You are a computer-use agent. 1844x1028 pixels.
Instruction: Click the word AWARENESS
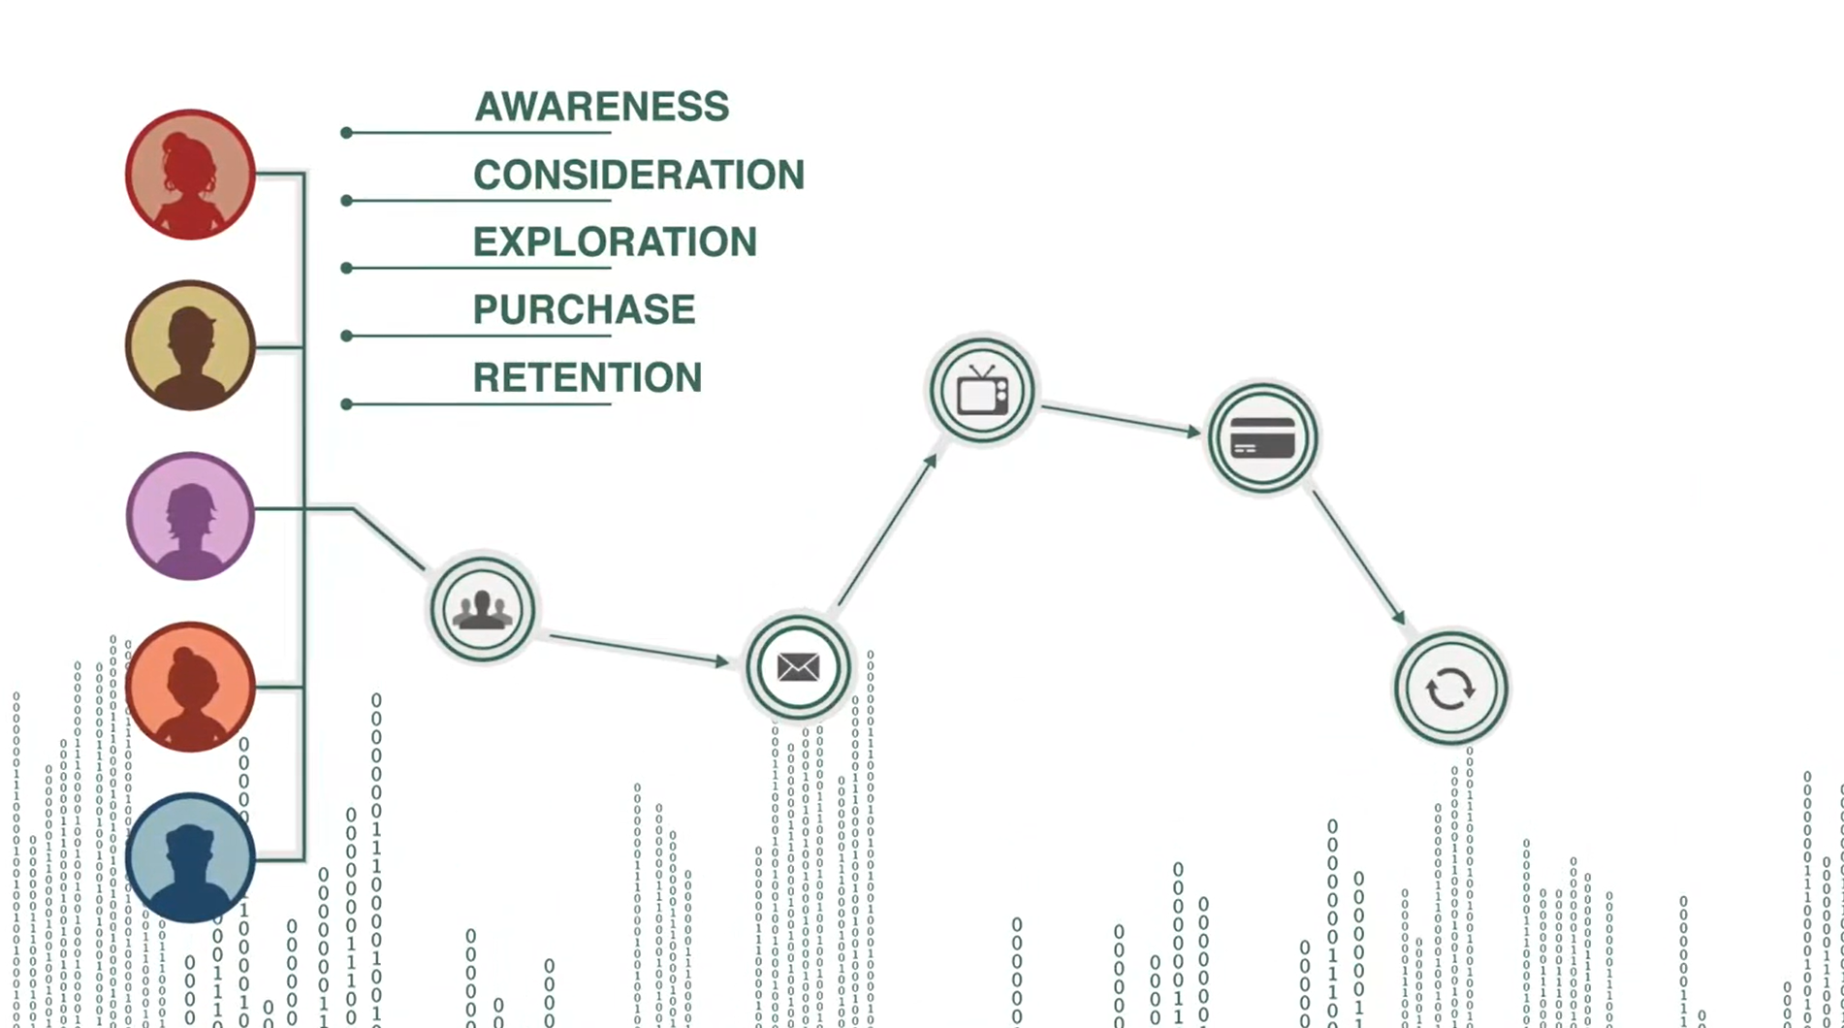tap(601, 107)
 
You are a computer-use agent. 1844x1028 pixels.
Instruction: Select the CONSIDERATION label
tap(638, 175)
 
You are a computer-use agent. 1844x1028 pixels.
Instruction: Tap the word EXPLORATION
tap(615, 242)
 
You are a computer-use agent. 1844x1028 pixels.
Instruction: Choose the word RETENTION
tap(587, 378)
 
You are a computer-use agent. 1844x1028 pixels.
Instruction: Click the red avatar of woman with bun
tap(190, 175)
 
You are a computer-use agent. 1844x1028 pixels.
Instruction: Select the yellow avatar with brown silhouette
tap(190, 345)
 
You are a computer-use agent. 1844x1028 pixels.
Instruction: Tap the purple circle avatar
tap(190, 516)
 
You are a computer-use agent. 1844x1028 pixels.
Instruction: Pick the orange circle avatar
tap(190, 687)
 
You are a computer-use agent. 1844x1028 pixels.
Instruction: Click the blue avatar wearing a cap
tap(190, 857)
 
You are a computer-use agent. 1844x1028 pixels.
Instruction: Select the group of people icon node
tap(483, 609)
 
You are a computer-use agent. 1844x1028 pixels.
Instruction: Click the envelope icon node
tap(798, 667)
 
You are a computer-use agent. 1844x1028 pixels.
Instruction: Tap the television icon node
tap(982, 391)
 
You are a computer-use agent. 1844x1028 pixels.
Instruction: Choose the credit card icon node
tap(1262, 438)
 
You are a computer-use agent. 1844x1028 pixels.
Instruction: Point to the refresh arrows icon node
tap(1450, 689)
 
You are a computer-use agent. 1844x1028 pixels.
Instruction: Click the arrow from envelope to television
tap(887, 531)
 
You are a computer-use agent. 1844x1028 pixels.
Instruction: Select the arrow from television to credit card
tap(1120, 419)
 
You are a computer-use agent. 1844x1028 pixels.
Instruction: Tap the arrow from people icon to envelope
tap(638, 649)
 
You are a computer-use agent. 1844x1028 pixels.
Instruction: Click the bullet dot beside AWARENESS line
tap(346, 133)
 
